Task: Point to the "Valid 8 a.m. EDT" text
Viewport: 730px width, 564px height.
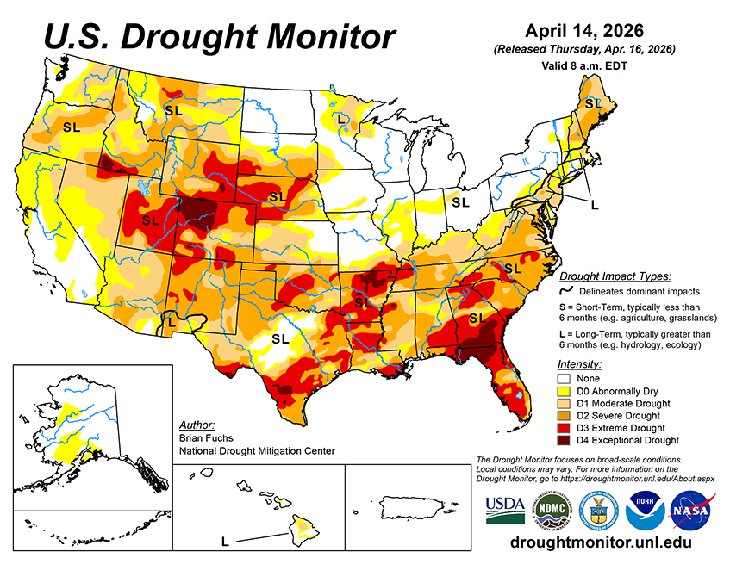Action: click(x=585, y=65)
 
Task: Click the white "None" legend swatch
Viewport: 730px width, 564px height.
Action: click(x=565, y=378)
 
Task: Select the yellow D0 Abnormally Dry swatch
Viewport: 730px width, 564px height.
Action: click(x=565, y=390)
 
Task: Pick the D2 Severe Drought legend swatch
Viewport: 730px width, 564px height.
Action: click(x=565, y=415)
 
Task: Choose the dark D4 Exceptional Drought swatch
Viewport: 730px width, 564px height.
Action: click(x=565, y=440)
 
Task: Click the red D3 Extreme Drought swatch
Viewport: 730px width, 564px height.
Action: click(x=565, y=427)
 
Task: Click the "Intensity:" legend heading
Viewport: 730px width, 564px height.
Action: click(x=579, y=364)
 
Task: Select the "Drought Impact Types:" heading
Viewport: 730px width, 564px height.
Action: click(x=615, y=276)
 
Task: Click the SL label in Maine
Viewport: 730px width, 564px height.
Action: click(x=592, y=103)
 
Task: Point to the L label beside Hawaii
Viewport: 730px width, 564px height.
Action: click(x=225, y=542)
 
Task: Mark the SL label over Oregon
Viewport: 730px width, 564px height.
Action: click(x=71, y=127)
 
